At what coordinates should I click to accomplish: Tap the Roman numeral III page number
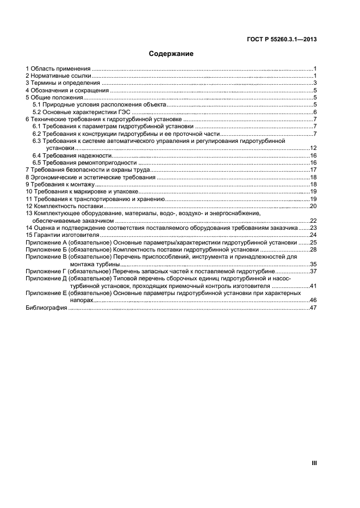point(314,463)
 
